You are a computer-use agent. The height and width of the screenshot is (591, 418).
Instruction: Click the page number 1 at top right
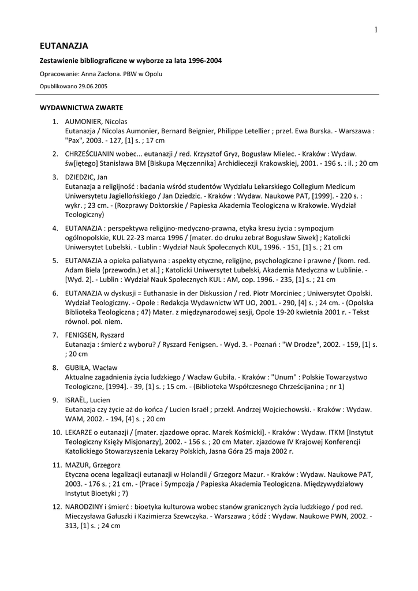tap(376, 31)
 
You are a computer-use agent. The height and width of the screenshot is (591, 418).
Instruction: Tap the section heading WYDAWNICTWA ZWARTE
tap(81, 107)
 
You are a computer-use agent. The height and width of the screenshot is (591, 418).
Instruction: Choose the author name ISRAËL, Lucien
tap(88, 400)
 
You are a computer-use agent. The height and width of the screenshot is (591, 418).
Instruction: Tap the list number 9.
tap(55, 400)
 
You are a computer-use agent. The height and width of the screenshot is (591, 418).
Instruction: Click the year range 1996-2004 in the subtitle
tap(197, 61)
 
